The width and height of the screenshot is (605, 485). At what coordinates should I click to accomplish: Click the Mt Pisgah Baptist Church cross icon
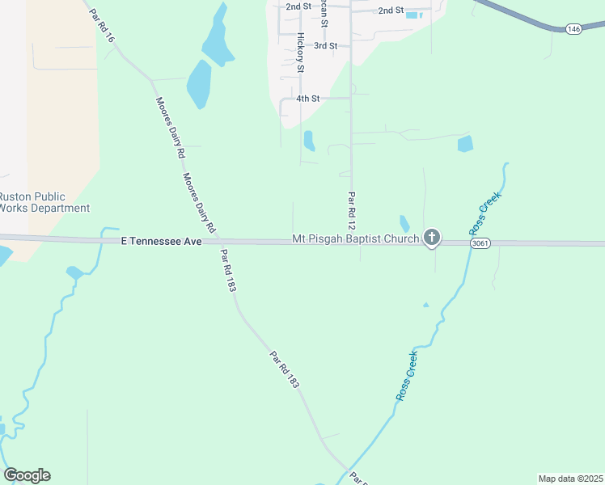pos(432,238)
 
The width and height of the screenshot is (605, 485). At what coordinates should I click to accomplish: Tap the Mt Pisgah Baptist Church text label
pos(356,239)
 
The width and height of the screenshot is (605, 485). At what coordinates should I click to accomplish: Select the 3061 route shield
pos(480,242)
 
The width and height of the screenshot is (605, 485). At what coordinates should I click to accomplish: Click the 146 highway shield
pos(573,29)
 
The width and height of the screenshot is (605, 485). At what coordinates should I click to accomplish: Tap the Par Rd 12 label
pos(351,209)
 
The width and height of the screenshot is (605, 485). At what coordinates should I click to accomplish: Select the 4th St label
pos(308,99)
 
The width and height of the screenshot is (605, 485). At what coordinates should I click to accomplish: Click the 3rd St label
pos(325,46)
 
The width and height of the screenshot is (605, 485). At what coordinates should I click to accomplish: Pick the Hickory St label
pos(299,53)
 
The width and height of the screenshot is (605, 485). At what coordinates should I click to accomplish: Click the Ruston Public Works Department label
pos(44,202)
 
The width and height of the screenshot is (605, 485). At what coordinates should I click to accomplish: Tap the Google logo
pos(27,475)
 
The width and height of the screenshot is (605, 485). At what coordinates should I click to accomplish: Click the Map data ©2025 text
pos(569,478)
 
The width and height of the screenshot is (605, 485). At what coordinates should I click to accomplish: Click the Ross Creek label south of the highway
pos(407,376)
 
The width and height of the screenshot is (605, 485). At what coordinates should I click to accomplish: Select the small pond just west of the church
pos(404,223)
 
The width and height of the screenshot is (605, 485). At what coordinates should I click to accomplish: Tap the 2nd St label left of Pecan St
pos(298,6)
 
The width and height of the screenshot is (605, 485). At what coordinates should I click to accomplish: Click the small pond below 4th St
pos(309,141)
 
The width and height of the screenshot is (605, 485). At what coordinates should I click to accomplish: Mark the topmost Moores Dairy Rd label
pos(171,127)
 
